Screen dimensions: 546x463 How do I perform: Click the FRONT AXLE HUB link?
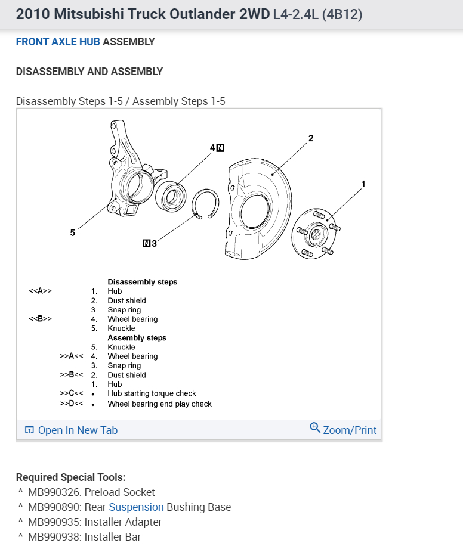[58, 42]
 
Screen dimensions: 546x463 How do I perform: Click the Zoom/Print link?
[343, 429]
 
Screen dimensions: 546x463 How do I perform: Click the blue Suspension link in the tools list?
[136, 507]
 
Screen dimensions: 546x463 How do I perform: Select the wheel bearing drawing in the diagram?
[171, 194]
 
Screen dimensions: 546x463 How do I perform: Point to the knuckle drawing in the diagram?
[132, 173]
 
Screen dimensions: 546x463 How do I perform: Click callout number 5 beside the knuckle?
[73, 233]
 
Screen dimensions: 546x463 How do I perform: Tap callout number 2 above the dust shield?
[311, 138]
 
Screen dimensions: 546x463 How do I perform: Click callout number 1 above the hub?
[363, 184]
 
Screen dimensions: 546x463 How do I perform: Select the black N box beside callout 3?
[146, 243]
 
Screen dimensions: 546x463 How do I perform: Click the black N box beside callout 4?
[220, 148]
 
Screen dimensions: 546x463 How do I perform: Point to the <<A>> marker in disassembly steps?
[41, 291]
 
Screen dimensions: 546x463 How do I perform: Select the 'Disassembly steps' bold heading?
[142, 282]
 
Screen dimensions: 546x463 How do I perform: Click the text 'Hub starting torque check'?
[152, 393]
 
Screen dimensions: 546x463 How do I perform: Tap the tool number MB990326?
[55, 492]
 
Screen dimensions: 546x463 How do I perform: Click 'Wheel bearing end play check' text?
[159, 404]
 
